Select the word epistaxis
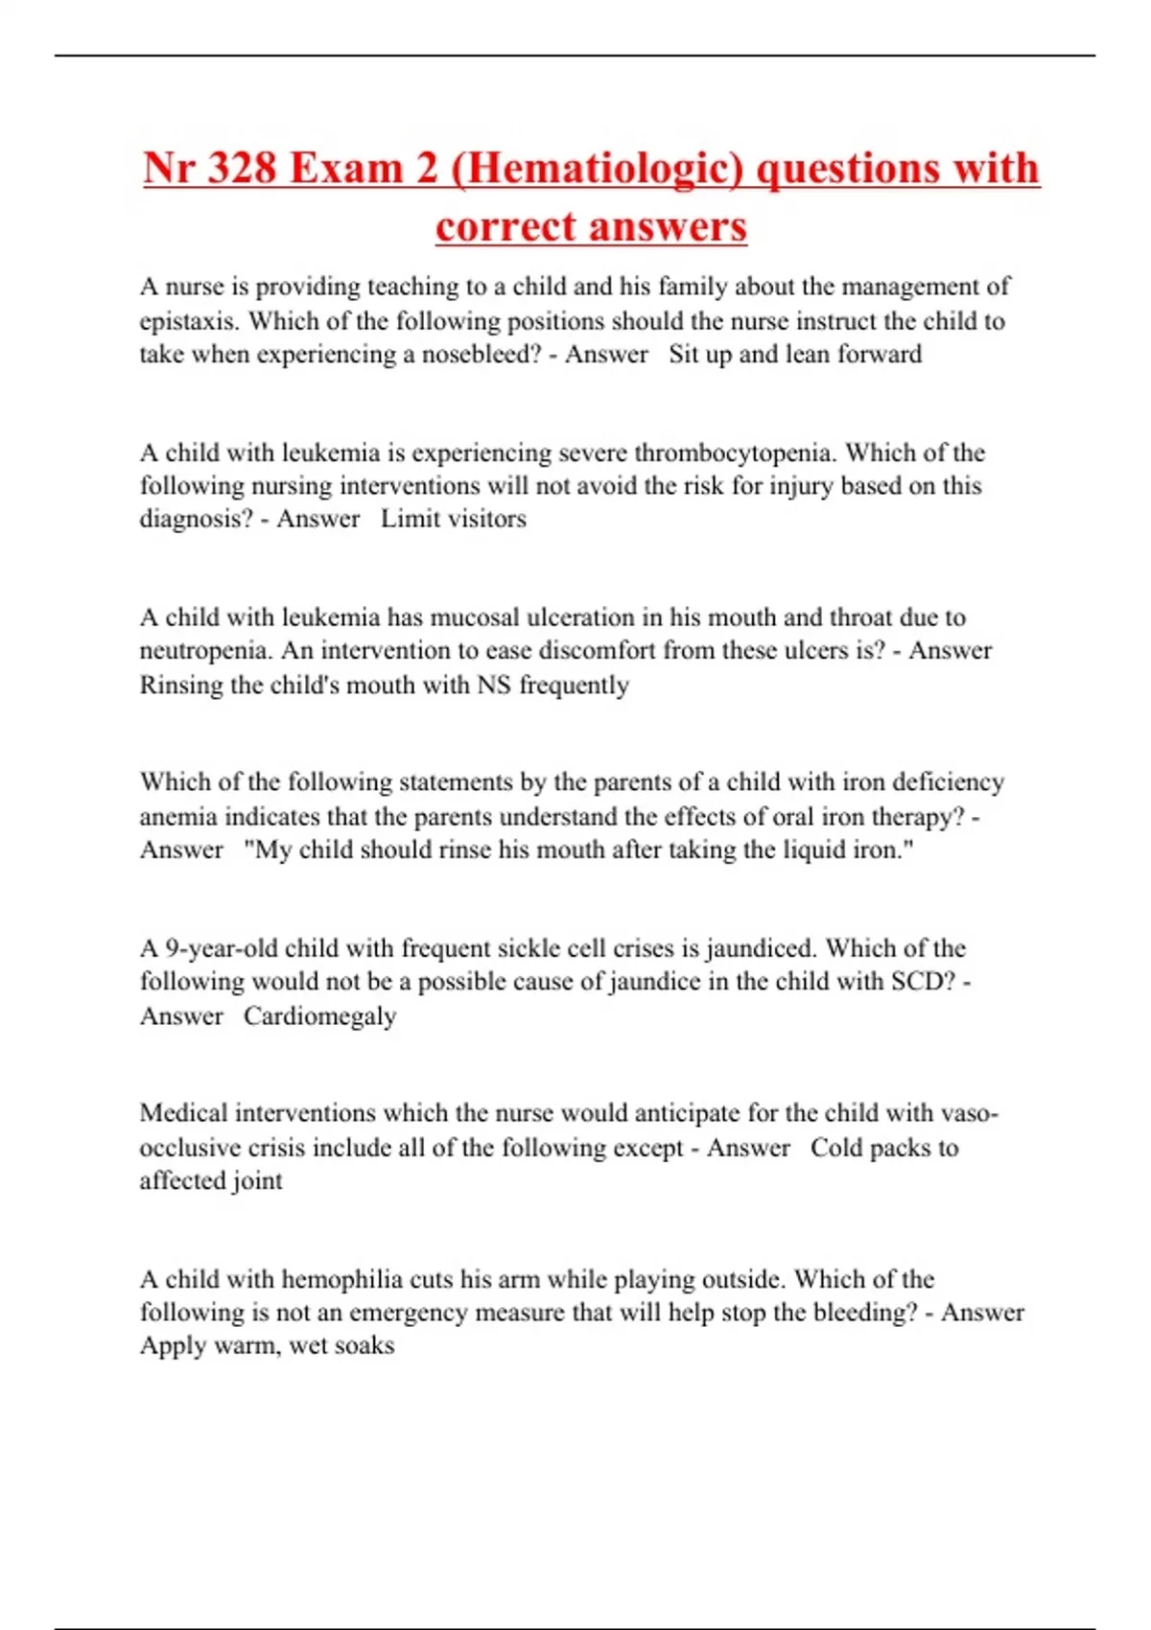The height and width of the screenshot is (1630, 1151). click(187, 321)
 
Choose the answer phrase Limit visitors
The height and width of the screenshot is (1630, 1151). click(454, 519)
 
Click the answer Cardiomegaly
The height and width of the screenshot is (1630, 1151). click(319, 1016)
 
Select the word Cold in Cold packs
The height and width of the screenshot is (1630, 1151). click(836, 1148)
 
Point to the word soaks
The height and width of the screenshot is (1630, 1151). click(367, 1345)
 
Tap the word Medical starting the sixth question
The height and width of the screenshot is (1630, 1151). click(183, 1113)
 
